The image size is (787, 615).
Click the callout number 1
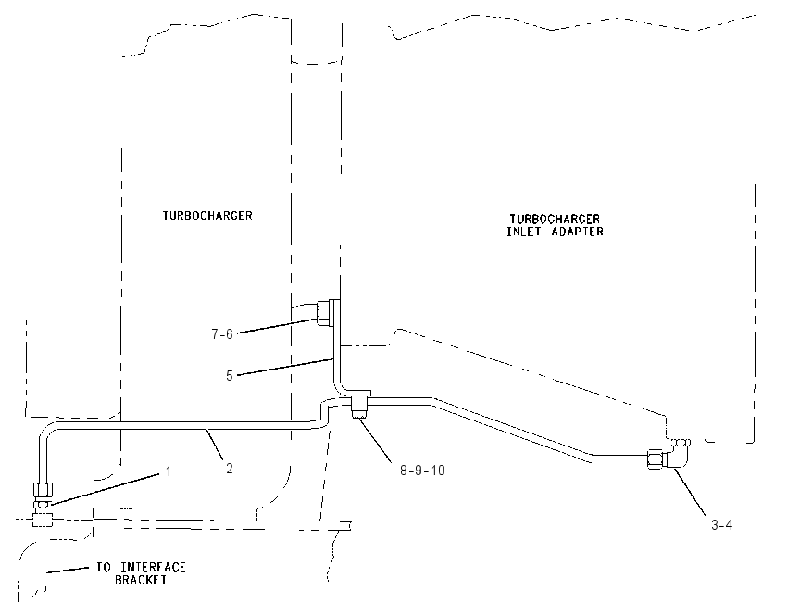pos(169,471)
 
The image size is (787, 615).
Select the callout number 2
pos(230,469)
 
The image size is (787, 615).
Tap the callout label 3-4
pos(722,525)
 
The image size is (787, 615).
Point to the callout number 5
pos(230,376)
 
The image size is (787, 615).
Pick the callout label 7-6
pos(222,333)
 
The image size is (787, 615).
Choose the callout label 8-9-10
pos(422,471)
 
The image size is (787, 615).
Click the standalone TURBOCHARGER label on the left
pos(207,216)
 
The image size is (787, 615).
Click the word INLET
pos(523,232)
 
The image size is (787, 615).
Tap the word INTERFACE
pos(153,568)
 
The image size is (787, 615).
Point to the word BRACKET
pos(141,580)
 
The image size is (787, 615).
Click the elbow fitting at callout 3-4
pos(671,455)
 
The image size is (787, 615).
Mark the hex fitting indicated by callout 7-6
pos(325,313)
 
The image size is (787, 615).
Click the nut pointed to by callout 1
pos(43,504)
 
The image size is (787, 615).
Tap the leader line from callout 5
pos(285,367)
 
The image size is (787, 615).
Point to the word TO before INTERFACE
pos(104,568)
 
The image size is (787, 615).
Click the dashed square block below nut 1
pos(43,519)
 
